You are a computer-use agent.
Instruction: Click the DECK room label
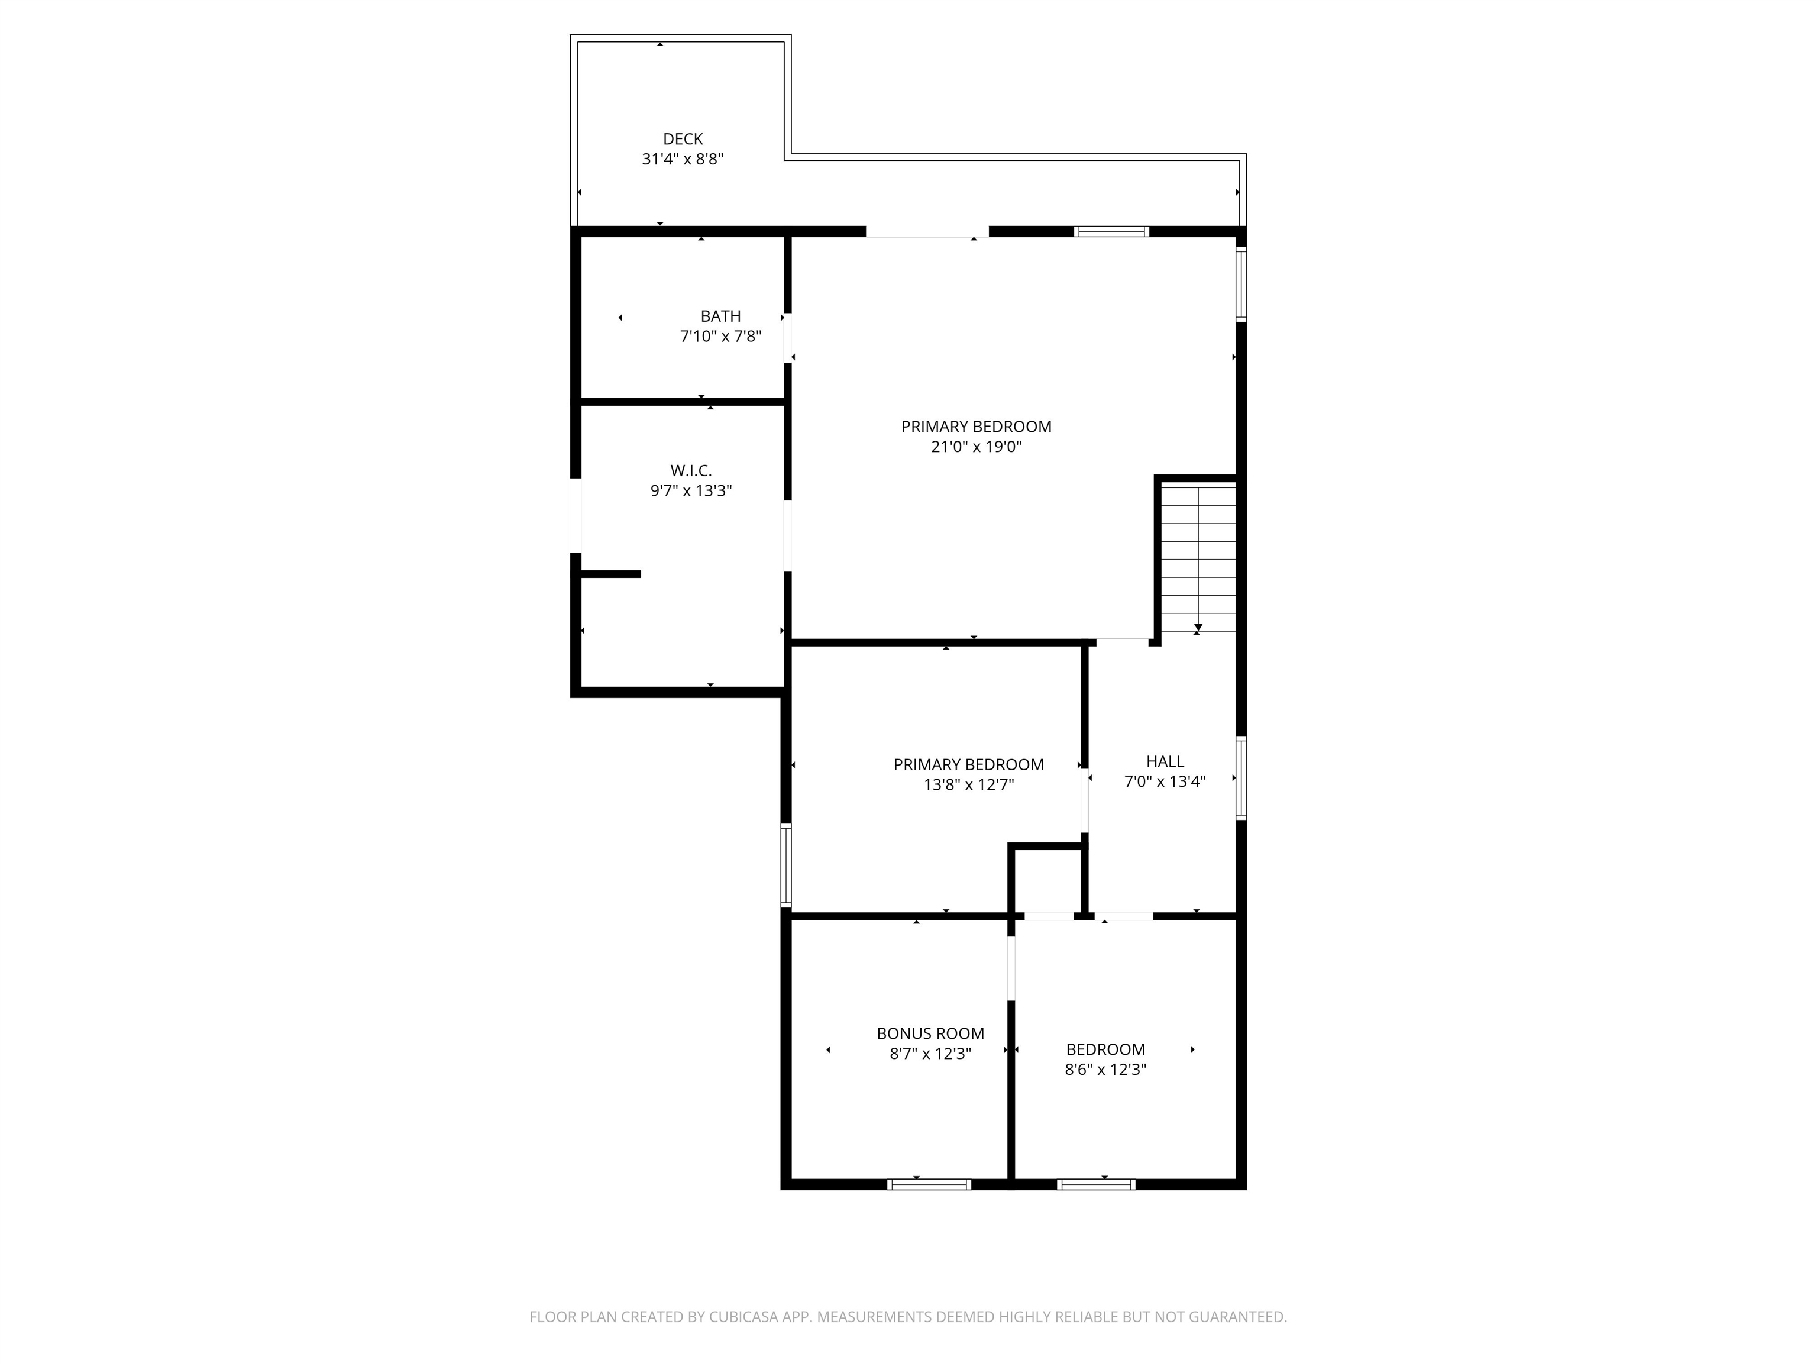click(683, 140)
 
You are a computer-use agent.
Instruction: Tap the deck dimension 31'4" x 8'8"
click(683, 159)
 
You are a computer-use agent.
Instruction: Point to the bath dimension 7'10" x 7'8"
click(720, 336)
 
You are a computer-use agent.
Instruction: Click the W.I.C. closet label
click(691, 471)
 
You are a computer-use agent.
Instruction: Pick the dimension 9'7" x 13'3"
click(691, 491)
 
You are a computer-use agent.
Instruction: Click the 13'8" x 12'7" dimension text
click(968, 784)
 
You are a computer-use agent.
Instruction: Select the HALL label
click(1165, 761)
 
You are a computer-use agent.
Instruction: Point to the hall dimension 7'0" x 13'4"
click(1165, 781)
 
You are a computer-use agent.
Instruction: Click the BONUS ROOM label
click(930, 1033)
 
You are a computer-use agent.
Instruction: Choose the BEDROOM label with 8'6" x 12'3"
click(1105, 1049)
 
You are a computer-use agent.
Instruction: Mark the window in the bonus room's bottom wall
click(929, 1184)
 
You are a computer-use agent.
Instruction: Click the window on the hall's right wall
click(1241, 778)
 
